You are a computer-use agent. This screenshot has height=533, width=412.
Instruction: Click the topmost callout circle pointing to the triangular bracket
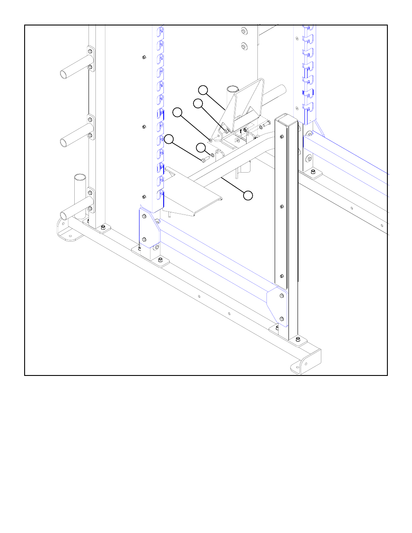point(203,90)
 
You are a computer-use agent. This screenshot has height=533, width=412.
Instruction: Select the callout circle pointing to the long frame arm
point(248,196)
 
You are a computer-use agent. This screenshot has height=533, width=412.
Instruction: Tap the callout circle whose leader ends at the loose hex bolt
point(169,139)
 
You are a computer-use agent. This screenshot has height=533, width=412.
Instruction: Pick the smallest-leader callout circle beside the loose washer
point(201,148)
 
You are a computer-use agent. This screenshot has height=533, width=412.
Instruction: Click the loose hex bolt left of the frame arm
point(205,160)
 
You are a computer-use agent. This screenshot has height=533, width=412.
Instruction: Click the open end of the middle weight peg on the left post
point(63,142)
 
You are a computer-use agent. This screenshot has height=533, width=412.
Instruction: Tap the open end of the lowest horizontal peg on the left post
point(63,215)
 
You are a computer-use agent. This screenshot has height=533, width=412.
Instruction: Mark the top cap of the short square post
point(286,118)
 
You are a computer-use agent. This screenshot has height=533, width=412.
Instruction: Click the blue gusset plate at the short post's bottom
point(278,306)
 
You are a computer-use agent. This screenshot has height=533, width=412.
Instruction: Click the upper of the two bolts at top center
point(244,32)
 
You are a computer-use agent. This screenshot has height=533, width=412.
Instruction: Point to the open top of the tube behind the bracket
point(232,89)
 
